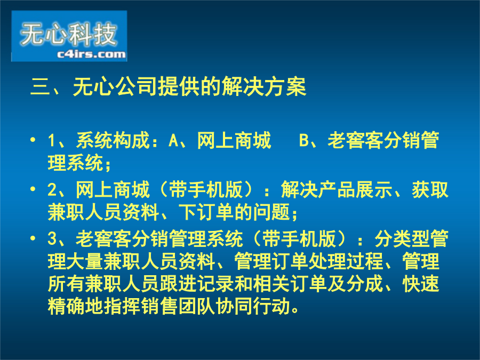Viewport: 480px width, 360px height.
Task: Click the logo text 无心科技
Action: pyautogui.click(x=68, y=34)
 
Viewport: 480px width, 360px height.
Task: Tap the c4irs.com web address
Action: pyautogui.click(x=91, y=54)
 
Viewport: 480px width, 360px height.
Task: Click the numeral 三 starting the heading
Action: pyautogui.click(x=41, y=87)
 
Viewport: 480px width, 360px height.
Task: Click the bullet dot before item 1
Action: pyautogui.click(x=33, y=140)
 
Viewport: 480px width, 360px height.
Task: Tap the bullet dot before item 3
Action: pyautogui.click(x=33, y=238)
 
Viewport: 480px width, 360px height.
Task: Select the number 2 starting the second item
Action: pyautogui.click(x=52, y=189)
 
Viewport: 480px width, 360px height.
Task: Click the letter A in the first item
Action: pyautogui.click(x=173, y=140)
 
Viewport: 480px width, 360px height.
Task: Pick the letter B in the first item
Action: pyautogui.click(x=304, y=140)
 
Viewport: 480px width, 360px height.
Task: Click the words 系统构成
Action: pyautogui.click(x=113, y=140)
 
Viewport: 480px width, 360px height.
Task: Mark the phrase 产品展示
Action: pyautogui.click(x=355, y=189)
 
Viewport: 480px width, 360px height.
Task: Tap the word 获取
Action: pyautogui.click(x=430, y=189)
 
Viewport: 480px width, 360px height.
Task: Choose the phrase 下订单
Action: pyautogui.click(x=206, y=212)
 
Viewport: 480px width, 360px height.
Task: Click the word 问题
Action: pyautogui.click(x=271, y=212)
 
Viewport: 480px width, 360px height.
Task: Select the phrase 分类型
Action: pyautogui.click(x=402, y=239)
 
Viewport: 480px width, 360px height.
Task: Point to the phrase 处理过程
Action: pyautogui.click(x=346, y=261)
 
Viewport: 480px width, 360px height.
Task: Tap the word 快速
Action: pyautogui.click(x=421, y=284)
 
